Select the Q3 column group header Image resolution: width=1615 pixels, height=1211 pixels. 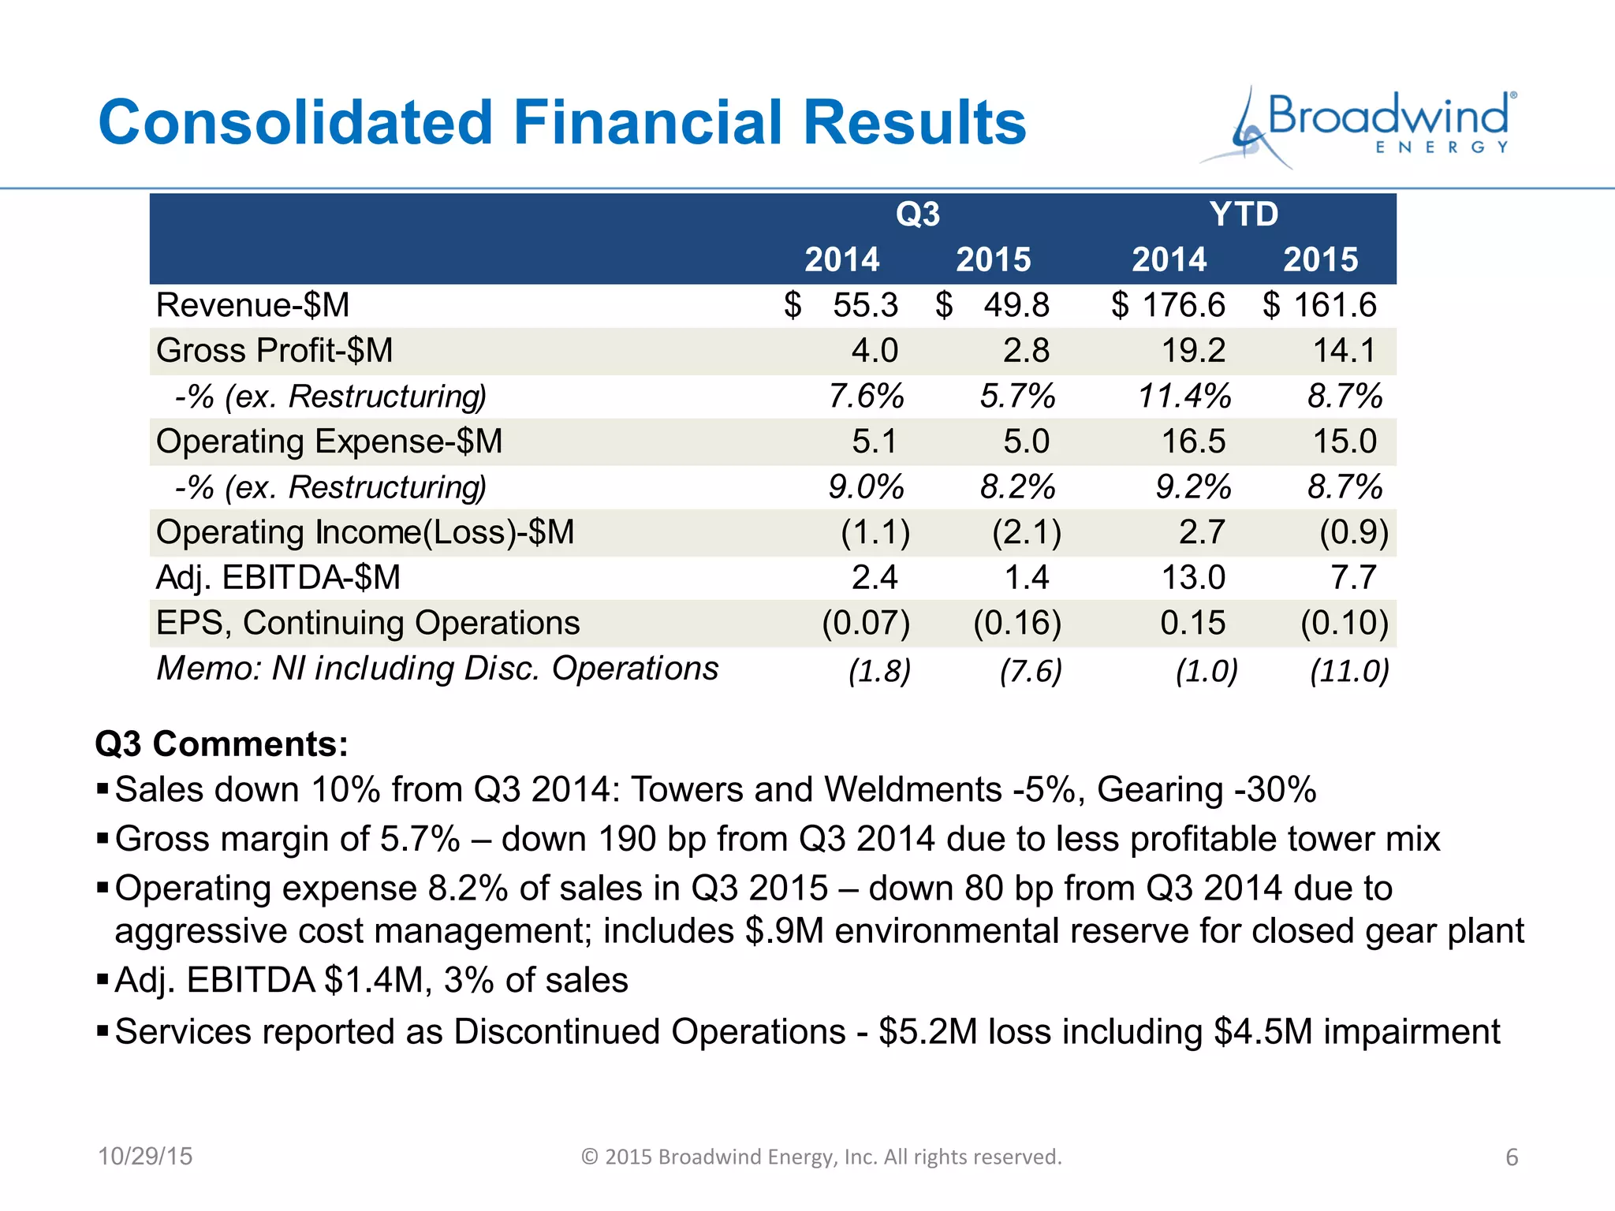(x=917, y=214)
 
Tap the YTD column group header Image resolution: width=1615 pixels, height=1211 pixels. (x=1244, y=214)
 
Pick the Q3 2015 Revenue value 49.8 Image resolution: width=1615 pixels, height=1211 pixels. (x=1016, y=305)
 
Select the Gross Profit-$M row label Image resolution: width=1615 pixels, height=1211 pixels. (x=274, y=351)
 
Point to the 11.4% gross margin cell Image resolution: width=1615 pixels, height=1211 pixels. (x=1184, y=396)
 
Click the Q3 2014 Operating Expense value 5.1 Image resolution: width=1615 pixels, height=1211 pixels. (x=874, y=442)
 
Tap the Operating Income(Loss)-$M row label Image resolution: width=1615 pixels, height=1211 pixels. (x=365, y=532)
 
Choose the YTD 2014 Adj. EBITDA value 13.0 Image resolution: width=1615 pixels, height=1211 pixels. (x=1193, y=578)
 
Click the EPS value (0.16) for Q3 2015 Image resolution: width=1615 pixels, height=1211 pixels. (x=1017, y=623)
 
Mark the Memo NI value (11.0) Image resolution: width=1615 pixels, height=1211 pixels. (x=1348, y=671)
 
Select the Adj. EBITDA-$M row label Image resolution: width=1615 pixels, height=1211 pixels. (x=278, y=578)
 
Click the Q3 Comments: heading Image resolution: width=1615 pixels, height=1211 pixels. (x=222, y=744)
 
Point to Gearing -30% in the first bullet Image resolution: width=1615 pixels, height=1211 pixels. (x=1207, y=790)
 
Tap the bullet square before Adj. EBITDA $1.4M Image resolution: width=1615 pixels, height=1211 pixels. (x=102, y=980)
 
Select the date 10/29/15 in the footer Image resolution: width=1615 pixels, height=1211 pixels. (x=145, y=1157)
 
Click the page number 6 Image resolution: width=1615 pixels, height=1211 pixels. (x=1512, y=1157)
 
